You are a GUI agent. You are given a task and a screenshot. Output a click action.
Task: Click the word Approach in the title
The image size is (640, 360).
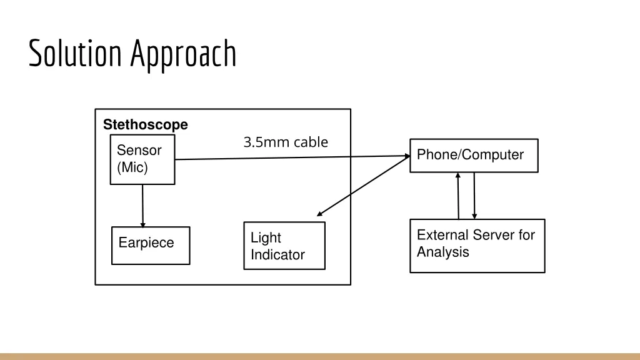click(183, 55)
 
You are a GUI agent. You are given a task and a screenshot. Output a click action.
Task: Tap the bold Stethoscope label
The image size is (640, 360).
click(145, 125)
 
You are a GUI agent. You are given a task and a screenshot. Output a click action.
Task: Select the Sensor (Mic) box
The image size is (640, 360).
click(142, 161)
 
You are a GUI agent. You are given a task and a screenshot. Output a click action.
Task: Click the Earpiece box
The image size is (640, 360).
click(151, 245)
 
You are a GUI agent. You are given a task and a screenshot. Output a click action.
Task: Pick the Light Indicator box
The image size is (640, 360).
click(284, 246)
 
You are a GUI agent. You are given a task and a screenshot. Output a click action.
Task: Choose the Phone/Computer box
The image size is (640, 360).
click(474, 155)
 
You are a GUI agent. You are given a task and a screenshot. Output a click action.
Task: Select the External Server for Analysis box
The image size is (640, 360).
click(477, 245)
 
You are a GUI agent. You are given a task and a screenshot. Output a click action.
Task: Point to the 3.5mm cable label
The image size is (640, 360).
click(286, 142)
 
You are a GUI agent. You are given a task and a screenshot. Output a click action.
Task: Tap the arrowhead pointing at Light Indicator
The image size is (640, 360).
click(320, 214)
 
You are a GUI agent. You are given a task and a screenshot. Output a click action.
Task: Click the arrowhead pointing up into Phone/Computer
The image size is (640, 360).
click(458, 176)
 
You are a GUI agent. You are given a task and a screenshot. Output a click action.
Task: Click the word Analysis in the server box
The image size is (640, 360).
click(442, 252)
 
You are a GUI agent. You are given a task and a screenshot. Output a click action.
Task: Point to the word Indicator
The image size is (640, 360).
click(277, 255)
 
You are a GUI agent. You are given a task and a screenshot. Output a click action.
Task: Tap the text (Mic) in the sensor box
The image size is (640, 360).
click(132, 167)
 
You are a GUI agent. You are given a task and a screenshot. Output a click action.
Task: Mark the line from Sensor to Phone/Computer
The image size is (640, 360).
click(287, 157)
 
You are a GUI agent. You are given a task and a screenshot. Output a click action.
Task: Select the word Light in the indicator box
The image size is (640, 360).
click(266, 238)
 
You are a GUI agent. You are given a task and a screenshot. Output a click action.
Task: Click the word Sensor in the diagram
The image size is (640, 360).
click(139, 151)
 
